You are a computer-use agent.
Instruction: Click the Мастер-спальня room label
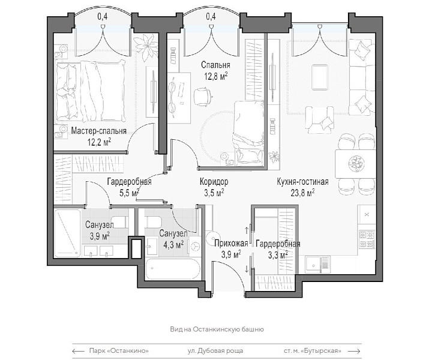[x=98, y=131]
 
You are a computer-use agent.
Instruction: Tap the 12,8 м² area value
[x=216, y=76]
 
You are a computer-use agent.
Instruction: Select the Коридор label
[x=214, y=182]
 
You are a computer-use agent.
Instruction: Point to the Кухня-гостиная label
[x=302, y=182]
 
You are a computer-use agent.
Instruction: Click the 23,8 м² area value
[x=303, y=193]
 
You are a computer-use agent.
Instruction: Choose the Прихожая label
[x=231, y=244]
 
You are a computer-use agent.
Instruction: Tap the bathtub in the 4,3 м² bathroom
[x=172, y=269]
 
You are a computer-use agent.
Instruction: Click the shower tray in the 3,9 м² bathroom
[x=67, y=233]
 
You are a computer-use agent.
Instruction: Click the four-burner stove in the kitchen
[x=367, y=239]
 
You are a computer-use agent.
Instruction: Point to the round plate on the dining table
[x=355, y=164]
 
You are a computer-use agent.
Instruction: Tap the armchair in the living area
[x=320, y=121]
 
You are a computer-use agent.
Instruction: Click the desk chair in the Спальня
[x=203, y=97]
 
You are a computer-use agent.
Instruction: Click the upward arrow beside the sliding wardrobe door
[x=247, y=230]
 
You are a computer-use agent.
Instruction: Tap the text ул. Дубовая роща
[x=215, y=350]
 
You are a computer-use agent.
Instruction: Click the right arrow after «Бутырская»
[x=354, y=351]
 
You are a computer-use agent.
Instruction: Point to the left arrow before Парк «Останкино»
[x=78, y=351]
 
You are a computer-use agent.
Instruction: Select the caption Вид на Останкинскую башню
[x=217, y=329]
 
